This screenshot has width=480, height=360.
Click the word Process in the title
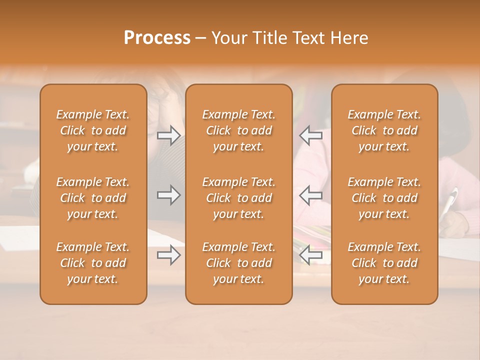point(157,38)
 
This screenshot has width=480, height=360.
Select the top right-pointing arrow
point(169,135)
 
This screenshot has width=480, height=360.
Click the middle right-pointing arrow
point(169,194)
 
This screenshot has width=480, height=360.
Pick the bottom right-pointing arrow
point(169,255)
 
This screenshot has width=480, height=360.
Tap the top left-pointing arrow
point(311,135)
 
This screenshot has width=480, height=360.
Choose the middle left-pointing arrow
point(311,194)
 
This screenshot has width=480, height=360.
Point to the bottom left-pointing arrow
point(311,255)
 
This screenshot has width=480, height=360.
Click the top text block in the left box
point(93,130)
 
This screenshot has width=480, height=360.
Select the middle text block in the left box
point(93,198)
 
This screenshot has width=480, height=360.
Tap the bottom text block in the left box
point(93,263)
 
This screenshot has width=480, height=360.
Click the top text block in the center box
point(239,130)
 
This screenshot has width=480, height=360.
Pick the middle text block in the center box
point(239,198)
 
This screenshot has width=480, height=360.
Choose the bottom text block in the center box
point(239,263)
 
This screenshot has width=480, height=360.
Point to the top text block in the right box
point(384,130)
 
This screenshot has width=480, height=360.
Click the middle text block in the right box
point(384,198)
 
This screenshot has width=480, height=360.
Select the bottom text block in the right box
point(384,263)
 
